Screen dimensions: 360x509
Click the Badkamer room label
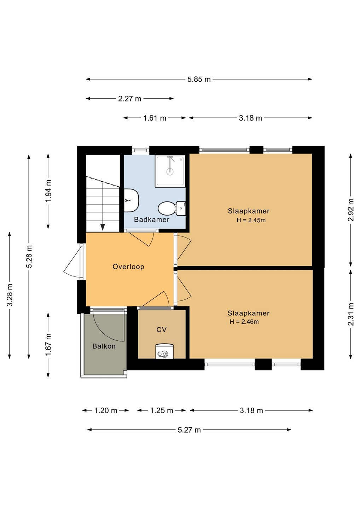(152, 220)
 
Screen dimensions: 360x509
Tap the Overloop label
(128, 267)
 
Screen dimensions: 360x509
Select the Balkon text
(104, 346)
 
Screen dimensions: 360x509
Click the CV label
(161, 329)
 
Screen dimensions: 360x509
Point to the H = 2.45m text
(251, 220)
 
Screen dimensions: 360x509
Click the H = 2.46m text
(244, 322)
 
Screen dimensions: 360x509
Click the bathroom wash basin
(131, 200)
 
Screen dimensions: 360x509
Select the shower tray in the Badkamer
(170, 171)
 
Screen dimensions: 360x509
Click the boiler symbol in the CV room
(164, 351)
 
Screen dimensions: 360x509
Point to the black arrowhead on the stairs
(103, 227)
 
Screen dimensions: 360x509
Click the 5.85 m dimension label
(199, 80)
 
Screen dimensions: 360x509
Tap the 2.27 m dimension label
(129, 99)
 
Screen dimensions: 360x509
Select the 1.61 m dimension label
(155, 118)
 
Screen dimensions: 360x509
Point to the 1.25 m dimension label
(162, 411)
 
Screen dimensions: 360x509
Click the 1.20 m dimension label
(105, 411)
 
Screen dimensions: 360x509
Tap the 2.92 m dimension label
(351, 210)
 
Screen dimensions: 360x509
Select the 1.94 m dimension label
(48, 191)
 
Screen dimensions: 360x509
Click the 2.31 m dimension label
(351, 314)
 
